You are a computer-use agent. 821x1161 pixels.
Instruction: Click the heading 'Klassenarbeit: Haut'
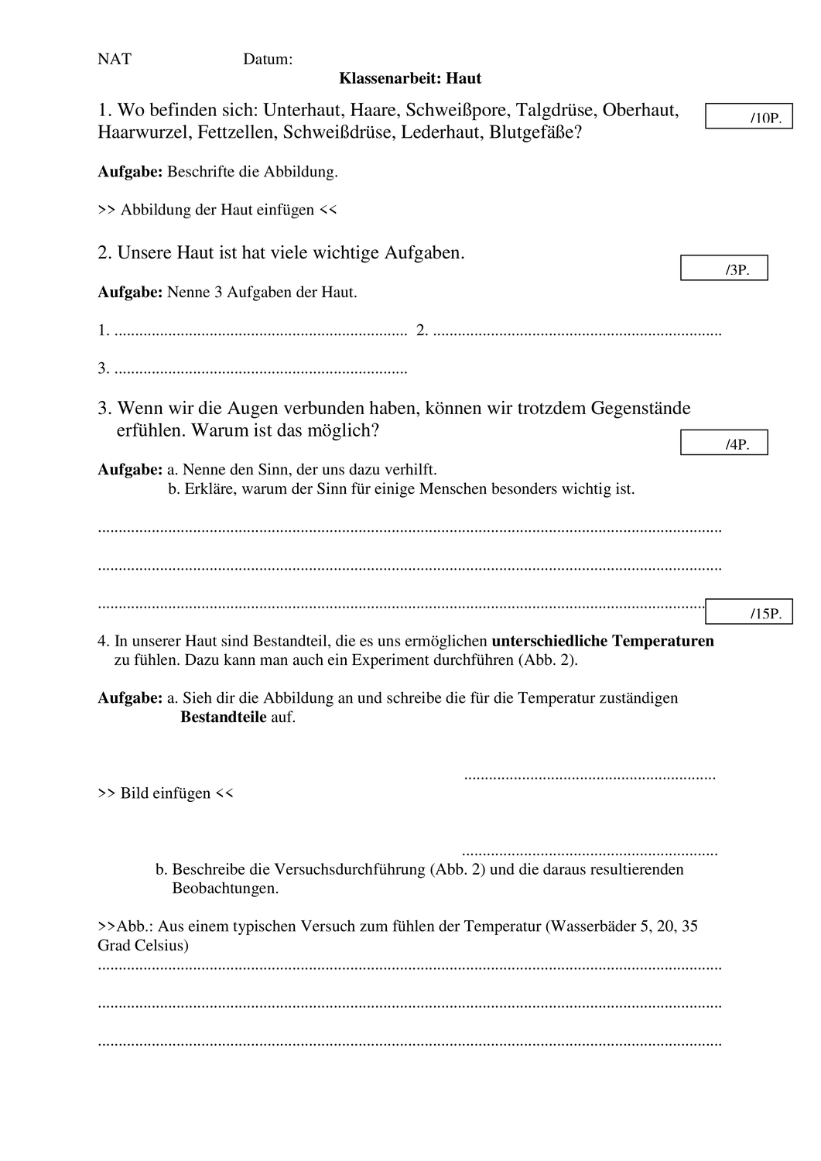(410, 78)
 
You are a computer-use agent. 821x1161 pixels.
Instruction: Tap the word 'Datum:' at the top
(268, 60)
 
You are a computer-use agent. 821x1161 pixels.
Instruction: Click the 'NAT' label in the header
(115, 60)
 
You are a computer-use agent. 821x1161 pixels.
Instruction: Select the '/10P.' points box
(748, 116)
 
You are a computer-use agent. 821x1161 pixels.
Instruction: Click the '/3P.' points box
(724, 269)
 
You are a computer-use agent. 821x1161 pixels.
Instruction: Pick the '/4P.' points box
(724, 444)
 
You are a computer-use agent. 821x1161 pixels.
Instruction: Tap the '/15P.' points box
(748, 612)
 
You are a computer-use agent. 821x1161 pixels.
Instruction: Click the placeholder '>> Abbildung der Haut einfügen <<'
(217, 210)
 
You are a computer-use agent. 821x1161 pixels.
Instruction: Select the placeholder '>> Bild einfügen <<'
(166, 793)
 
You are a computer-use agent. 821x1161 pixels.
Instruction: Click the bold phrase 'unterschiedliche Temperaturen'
(603, 641)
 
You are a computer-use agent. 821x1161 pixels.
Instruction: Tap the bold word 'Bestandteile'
(224, 717)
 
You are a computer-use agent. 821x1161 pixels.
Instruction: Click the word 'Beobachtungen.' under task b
(225, 889)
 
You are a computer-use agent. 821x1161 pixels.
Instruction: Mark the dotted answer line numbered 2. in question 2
(577, 332)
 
